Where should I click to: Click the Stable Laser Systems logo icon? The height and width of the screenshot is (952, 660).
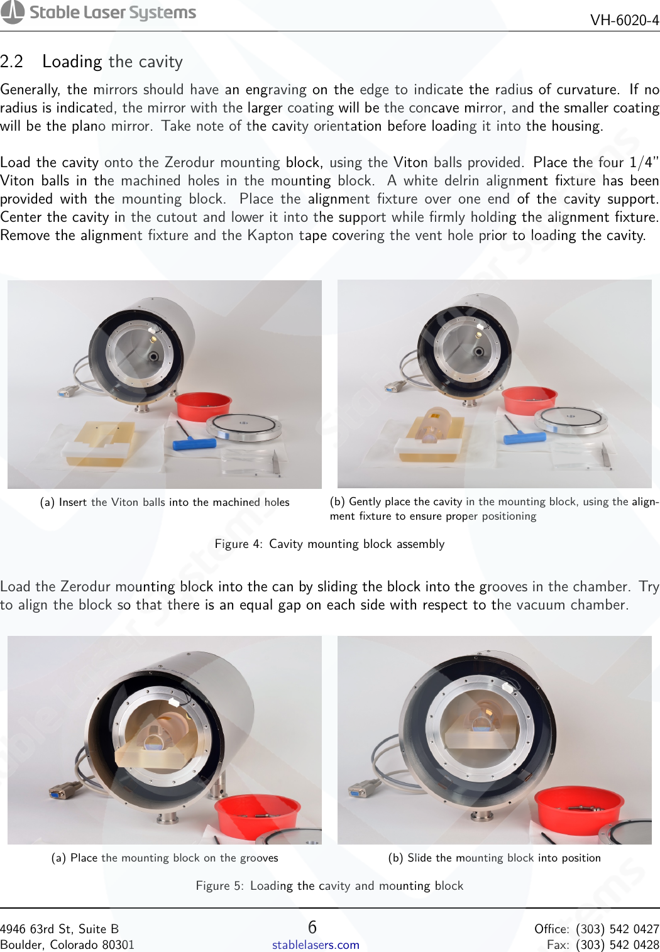tap(13, 12)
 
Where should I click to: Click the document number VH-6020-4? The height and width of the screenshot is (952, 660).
tap(624, 20)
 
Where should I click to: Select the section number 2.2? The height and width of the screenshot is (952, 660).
tap(11, 62)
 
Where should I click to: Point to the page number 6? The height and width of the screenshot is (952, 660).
tap(312, 927)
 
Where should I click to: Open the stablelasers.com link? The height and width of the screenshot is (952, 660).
tap(316, 944)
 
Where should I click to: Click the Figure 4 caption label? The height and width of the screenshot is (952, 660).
tap(238, 544)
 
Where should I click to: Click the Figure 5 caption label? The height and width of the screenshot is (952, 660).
tap(219, 885)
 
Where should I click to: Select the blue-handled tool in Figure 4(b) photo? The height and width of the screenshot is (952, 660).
tap(524, 437)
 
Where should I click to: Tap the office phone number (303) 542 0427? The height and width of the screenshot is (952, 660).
tap(617, 929)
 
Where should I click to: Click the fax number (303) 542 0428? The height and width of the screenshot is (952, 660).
tap(617, 944)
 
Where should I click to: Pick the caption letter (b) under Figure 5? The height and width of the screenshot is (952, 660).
tap(396, 858)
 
